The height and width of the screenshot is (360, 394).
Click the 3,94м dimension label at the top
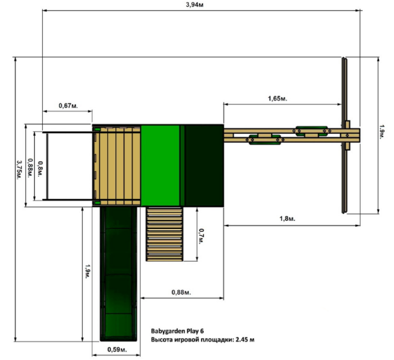[194, 5]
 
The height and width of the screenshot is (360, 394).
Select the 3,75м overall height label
[19, 170]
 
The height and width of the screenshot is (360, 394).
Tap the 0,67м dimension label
[69, 105]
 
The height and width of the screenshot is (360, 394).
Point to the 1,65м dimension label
[278, 98]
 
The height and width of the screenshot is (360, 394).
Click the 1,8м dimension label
[287, 219]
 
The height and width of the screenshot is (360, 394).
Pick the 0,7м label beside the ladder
[201, 236]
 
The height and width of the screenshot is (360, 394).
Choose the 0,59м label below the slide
[117, 349]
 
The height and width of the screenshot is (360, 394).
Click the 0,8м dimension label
[40, 168]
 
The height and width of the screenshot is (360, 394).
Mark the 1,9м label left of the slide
[87, 271]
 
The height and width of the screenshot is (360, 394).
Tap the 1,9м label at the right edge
[382, 132]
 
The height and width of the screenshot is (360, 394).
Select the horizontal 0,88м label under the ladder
[181, 292]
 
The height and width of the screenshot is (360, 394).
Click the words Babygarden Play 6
[177, 331]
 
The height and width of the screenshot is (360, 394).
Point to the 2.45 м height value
[245, 340]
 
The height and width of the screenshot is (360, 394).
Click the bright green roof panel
[160, 166]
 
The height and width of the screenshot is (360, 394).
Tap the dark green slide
[118, 274]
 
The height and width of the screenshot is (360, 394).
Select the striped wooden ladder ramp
[164, 234]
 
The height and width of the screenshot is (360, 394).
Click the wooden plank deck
[117, 166]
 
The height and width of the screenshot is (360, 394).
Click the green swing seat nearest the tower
[265, 140]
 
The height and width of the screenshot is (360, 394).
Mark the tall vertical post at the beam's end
[344, 135]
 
